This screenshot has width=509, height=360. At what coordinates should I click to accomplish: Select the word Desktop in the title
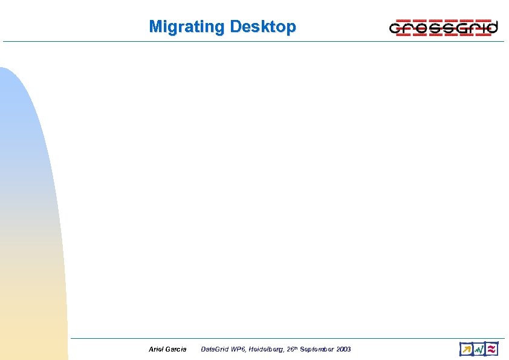tap(263, 27)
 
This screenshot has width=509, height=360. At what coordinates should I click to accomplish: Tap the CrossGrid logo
tap(443, 28)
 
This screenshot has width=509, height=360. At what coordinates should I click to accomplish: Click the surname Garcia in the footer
tap(177, 349)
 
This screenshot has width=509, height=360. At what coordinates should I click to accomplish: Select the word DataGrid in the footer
tap(214, 349)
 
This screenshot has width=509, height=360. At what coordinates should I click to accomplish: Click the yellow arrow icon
tap(465, 349)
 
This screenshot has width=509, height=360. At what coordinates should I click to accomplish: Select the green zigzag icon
tap(479, 349)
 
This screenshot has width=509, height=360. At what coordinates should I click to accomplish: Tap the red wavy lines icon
tap(492, 349)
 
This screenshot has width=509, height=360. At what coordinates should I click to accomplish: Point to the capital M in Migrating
tap(155, 27)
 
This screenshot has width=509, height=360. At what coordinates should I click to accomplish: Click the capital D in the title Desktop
tap(235, 27)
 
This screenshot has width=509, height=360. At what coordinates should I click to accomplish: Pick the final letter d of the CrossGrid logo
tap(492, 27)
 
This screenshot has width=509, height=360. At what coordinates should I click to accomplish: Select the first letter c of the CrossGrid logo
tap(395, 29)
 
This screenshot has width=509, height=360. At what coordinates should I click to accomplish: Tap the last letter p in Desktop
tap(292, 28)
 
